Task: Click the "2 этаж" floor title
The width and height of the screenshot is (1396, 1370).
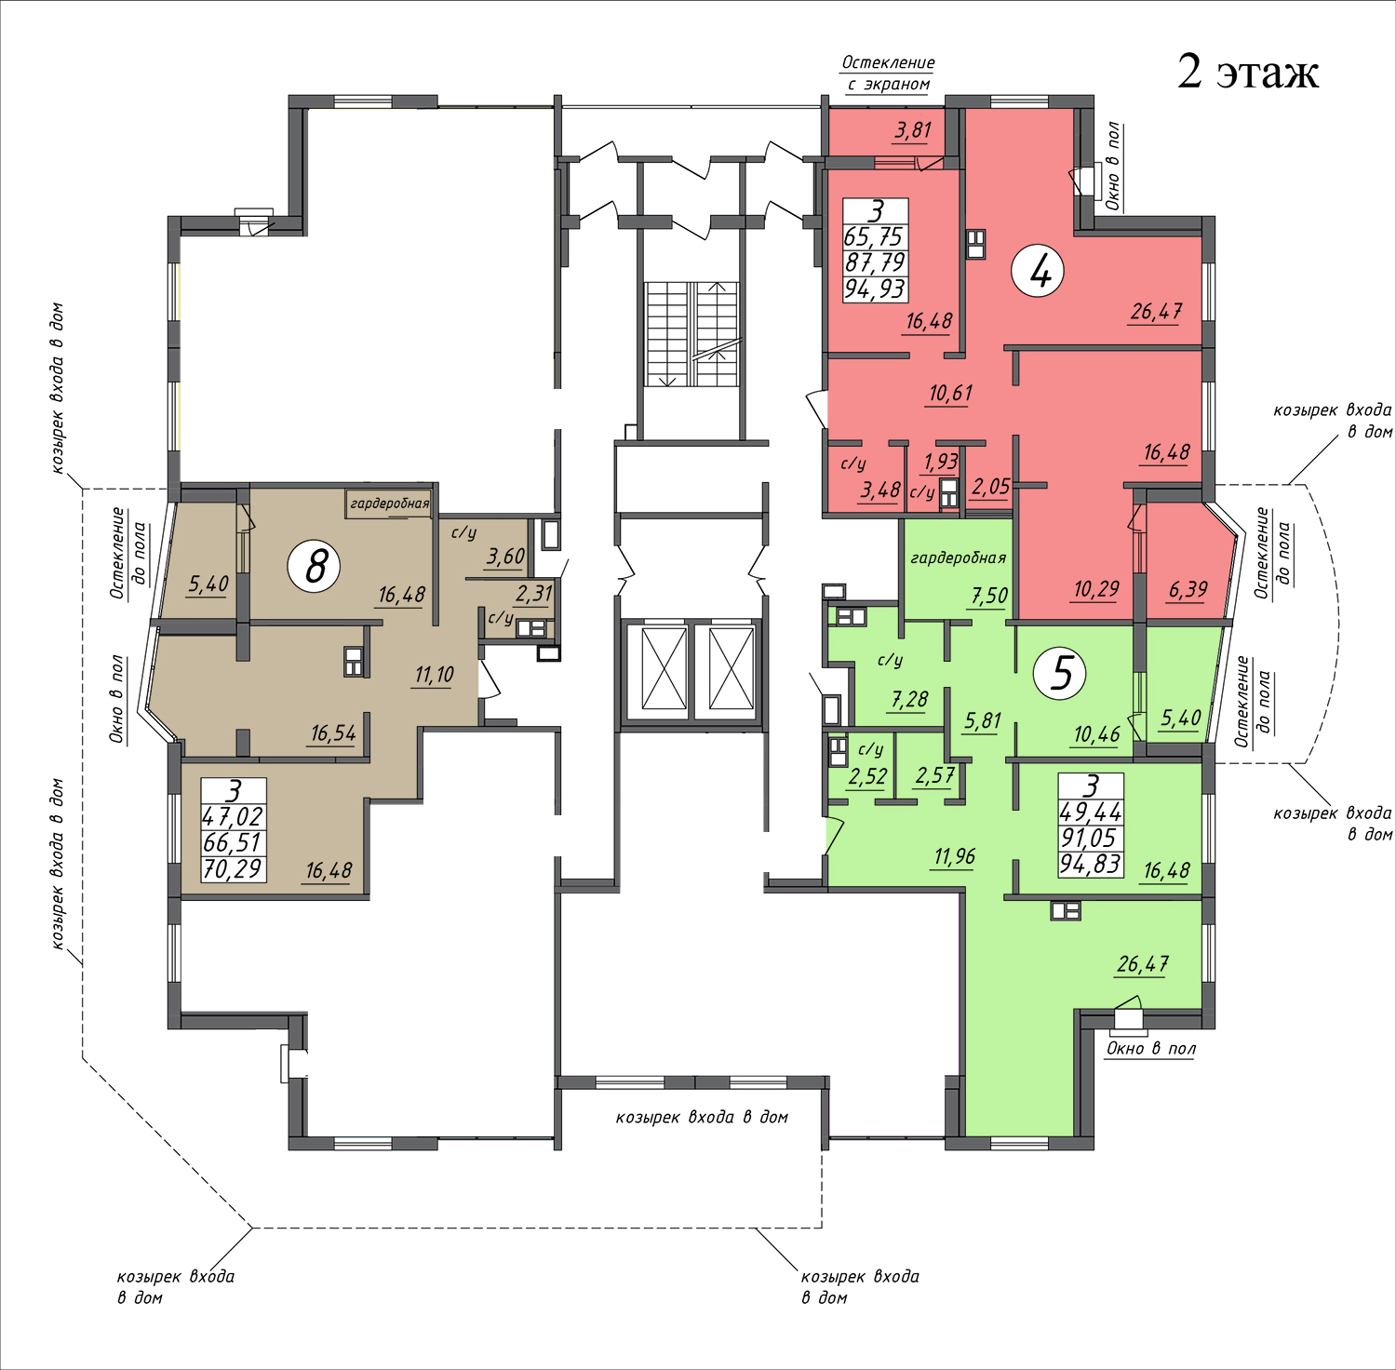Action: click(x=1247, y=72)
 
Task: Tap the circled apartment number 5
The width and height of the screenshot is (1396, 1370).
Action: click(x=1061, y=672)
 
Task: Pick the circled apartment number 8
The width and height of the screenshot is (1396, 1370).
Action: click(x=315, y=565)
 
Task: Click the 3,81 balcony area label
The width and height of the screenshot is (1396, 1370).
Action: click(x=913, y=130)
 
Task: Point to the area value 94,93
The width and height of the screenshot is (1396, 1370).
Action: click(x=875, y=289)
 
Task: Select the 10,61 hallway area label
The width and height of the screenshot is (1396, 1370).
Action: click(x=950, y=394)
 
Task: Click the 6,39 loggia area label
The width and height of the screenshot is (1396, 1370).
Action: click(x=1188, y=590)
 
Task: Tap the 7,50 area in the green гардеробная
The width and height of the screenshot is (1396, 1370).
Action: click(x=988, y=596)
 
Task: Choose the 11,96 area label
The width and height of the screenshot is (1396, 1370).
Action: click(x=954, y=856)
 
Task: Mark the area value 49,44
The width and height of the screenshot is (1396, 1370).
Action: click(x=1091, y=813)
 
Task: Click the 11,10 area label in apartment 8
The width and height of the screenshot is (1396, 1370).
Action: click(x=435, y=675)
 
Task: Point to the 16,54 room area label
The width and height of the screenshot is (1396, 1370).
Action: click(x=333, y=733)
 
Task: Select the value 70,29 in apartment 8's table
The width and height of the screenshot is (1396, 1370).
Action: click(x=234, y=869)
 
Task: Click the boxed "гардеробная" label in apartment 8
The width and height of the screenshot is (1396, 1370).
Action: click(x=390, y=504)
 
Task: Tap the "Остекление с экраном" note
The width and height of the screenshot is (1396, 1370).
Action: click(x=889, y=74)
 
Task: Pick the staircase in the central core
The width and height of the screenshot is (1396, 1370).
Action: click(x=692, y=334)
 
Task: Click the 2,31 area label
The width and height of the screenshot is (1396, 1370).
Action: click(x=534, y=594)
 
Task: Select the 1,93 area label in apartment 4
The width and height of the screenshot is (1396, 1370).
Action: click(x=941, y=462)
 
